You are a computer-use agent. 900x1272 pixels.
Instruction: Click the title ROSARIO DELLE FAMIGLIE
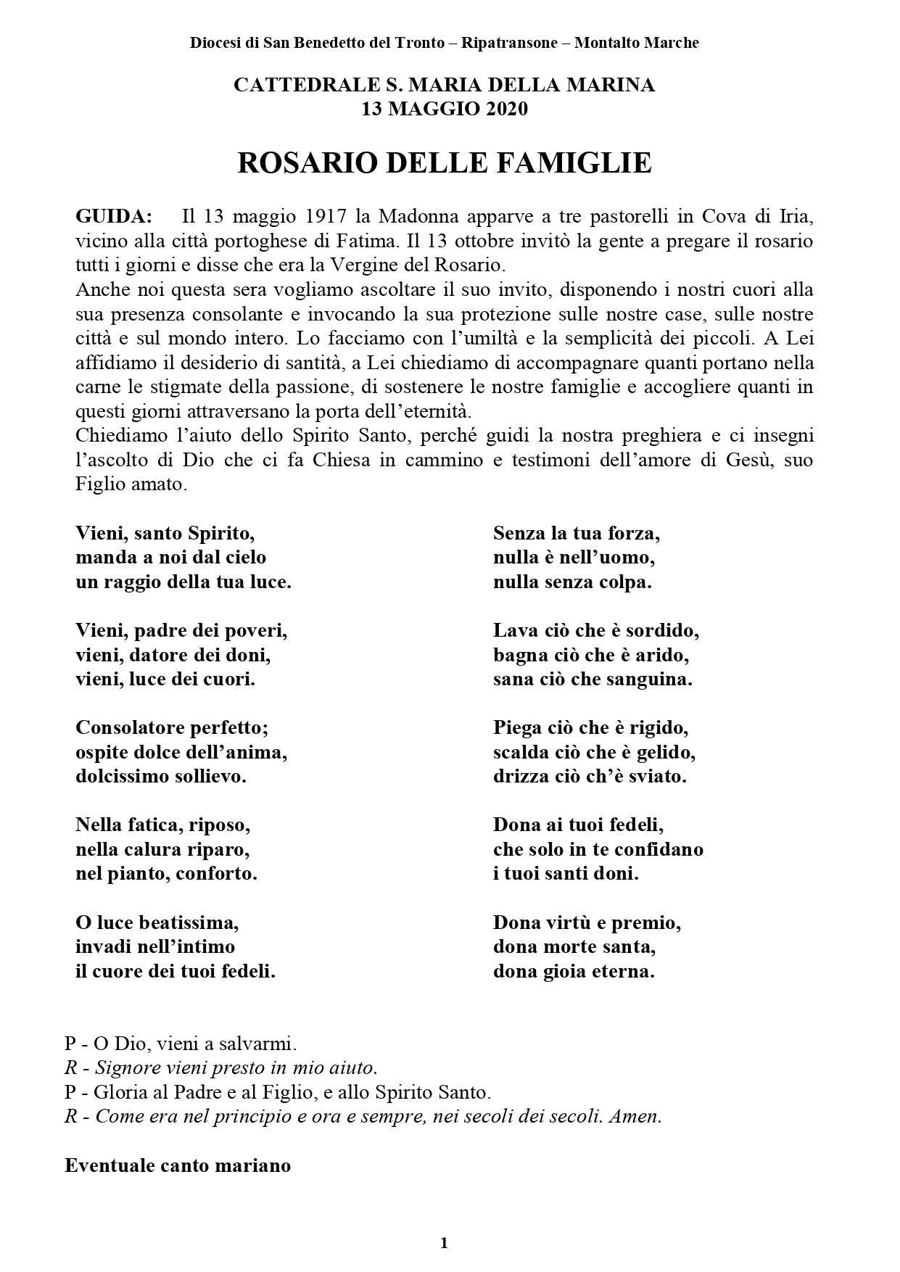[445, 163]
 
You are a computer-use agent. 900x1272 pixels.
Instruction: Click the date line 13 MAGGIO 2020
[445, 109]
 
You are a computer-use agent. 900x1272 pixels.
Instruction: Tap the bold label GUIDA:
[114, 216]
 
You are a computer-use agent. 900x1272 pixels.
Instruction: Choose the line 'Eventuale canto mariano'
[178, 1165]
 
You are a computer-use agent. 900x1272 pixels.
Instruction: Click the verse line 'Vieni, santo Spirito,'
[165, 533]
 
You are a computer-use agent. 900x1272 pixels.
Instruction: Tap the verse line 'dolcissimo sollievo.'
[161, 776]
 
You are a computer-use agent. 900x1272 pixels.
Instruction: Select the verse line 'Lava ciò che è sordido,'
[596, 630]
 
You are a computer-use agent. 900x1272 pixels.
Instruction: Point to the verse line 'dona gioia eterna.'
[574, 971]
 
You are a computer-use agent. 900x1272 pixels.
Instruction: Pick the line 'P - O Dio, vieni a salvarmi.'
[181, 1044]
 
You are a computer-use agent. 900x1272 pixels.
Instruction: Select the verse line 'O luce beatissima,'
[157, 922]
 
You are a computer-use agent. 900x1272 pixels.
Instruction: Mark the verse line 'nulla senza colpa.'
[572, 582]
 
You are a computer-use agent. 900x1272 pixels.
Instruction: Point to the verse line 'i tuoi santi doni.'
[566, 873]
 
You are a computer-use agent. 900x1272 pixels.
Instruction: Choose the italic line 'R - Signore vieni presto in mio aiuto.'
[221, 1067]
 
